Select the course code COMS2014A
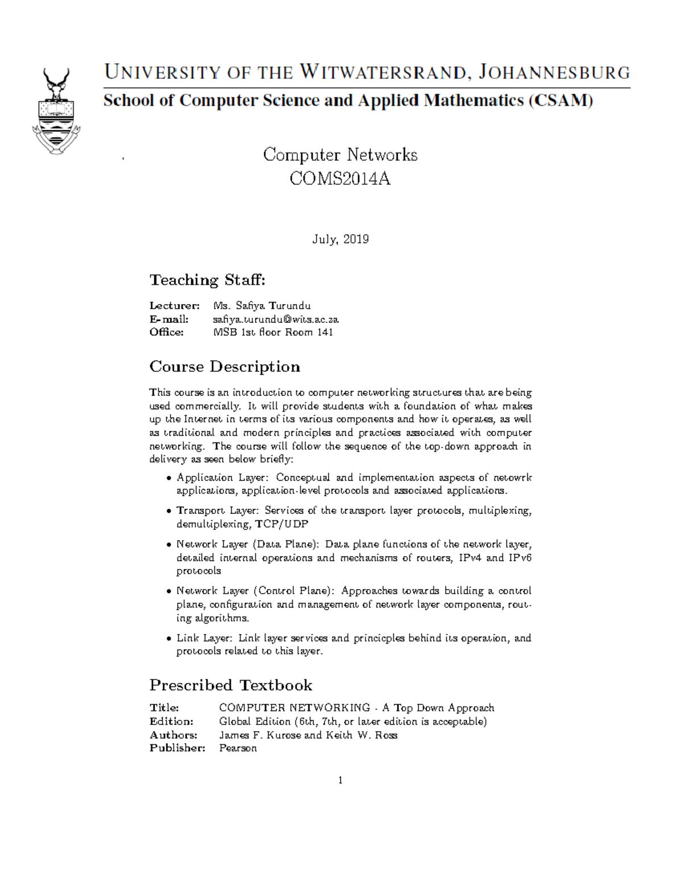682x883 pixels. coord(340,179)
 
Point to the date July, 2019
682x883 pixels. coord(340,239)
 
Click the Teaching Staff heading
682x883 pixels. coord(207,280)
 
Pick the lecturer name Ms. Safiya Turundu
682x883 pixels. coord(261,306)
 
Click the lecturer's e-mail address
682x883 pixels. coord(276,320)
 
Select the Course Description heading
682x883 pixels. coord(224,367)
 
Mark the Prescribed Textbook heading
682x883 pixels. coord(231,685)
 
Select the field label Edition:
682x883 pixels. coord(171,722)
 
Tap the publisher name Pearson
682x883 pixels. coord(238,748)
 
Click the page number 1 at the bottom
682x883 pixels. coord(340,780)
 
